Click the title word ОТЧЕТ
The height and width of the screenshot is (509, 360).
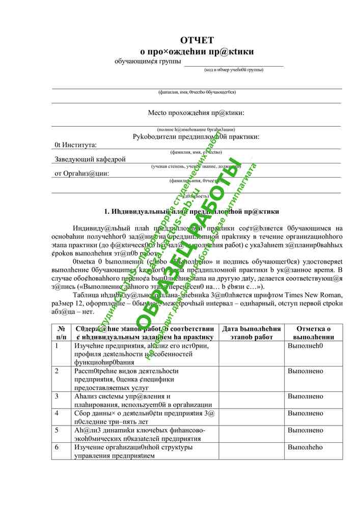point(197,40)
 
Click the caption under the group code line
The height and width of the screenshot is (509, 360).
point(234,69)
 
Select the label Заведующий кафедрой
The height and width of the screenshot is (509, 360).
point(90,159)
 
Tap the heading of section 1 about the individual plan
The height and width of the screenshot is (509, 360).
point(191,211)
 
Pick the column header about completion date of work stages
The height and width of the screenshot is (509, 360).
point(251,333)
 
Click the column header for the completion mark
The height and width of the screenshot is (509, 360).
point(313,333)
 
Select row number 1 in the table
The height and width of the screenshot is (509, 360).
point(57,346)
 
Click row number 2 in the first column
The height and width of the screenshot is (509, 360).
point(57,371)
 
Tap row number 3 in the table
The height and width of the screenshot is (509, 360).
point(57,397)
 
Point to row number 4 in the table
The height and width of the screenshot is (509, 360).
point(57,413)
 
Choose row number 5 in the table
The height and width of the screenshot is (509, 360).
point(57,430)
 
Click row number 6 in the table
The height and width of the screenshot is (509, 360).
point(57,447)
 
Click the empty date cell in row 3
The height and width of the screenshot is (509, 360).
point(251,400)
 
